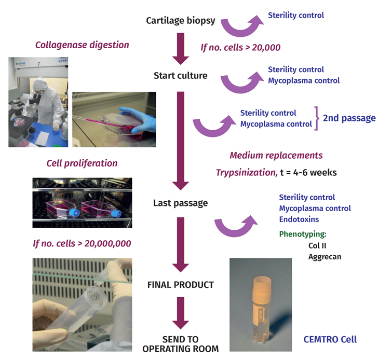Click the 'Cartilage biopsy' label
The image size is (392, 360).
click(180, 22)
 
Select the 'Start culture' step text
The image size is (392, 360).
click(180, 76)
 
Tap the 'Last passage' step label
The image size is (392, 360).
click(180, 203)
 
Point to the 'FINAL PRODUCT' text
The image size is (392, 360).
click(180, 285)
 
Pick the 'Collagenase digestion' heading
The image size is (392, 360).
click(82, 45)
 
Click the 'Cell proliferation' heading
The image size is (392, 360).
click(82, 163)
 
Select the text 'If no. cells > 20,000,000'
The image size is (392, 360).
click(82, 243)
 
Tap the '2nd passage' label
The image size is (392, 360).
click(349, 118)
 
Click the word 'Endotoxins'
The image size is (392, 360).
click(299, 219)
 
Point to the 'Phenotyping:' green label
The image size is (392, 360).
click(303, 234)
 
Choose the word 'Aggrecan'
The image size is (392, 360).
click(325, 257)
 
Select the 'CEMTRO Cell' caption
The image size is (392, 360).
click(330, 340)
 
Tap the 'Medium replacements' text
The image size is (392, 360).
click(276, 156)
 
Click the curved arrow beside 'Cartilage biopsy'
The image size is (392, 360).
click(240, 27)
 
